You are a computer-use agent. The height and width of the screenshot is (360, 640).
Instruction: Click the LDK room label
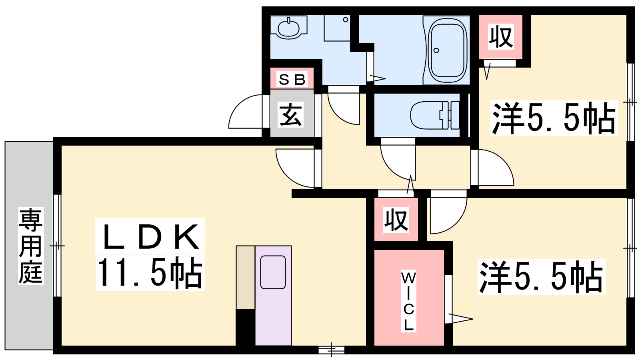[x=150, y=236]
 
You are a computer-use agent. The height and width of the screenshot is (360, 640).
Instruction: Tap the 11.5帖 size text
[x=150, y=272]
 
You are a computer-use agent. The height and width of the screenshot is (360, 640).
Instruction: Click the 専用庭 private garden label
[x=31, y=246]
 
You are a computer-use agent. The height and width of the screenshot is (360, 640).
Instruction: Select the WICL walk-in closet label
[x=408, y=302]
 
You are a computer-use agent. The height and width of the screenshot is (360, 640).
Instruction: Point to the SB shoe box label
[x=292, y=79]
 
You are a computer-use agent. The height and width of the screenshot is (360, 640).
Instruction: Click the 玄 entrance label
[x=290, y=115]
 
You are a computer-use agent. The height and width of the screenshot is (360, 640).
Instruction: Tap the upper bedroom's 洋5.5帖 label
[x=554, y=118]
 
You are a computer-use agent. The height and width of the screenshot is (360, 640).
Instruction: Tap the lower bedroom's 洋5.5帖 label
[x=541, y=276]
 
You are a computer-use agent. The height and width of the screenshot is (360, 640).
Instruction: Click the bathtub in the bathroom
[x=448, y=50]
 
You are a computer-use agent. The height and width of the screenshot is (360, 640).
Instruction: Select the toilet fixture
[x=435, y=116]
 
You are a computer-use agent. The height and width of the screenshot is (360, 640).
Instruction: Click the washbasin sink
[x=288, y=28]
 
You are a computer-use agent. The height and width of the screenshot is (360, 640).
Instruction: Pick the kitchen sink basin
[x=273, y=272]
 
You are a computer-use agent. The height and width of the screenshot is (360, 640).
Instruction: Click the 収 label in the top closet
[x=501, y=36]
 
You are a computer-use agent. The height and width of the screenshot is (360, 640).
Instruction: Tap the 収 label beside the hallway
[x=396, y=220]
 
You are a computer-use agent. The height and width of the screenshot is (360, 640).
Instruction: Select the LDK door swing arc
[x=287, y=176]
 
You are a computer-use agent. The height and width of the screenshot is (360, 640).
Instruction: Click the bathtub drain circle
[x=436, y=50]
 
